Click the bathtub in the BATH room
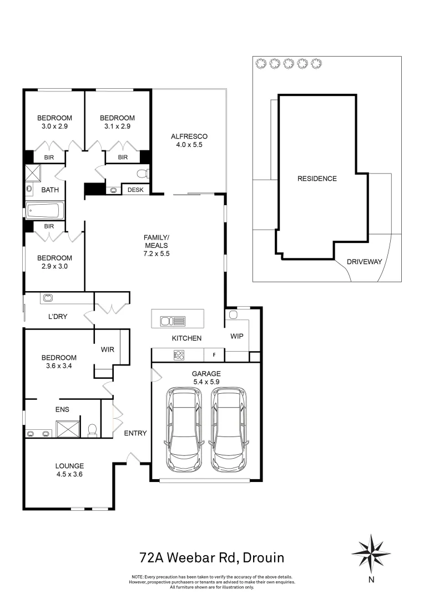click(x=45, y=211)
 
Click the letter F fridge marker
click(x=213, y=354)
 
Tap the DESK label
click(x=135, y=190)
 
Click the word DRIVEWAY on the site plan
click(x=364, y=262)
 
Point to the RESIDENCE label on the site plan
click(x=317, y=179)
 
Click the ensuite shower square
click(x=66, y=429)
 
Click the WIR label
click(x=107, y=349)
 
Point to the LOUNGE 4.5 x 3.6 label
click(x=69, y=470)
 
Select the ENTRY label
click(x=135, y=433)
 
